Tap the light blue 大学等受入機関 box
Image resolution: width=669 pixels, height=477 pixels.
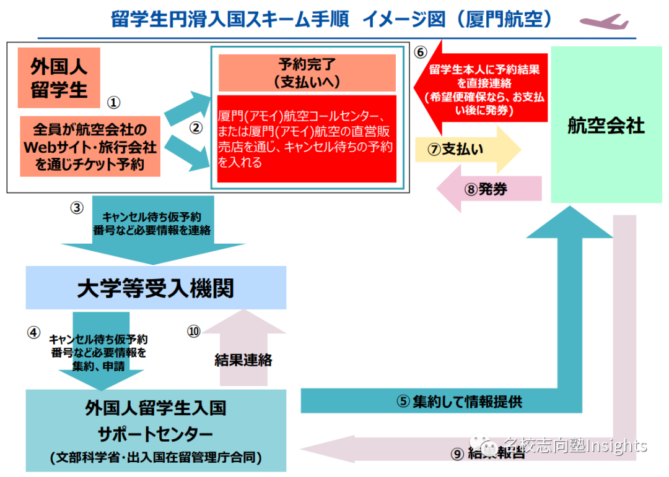pyautogui.click(x=155, y=288)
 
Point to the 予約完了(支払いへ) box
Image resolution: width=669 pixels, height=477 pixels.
pyautogui.click(x=307, y=73)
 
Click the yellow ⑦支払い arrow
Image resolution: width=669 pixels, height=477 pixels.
pyautogui.click(x=468, y=150)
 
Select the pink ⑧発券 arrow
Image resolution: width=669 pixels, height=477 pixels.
pyautogui.click(x=490, y=189)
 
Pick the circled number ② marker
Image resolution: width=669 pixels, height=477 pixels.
pyautogui.click(x=196, y=128)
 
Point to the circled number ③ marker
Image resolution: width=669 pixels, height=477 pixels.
pyautogui.click(x=77, y=208)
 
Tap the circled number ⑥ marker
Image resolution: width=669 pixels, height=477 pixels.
pyautogui.click(x=420, y=52)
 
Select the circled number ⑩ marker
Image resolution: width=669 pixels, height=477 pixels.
pyautogui.click(x=194, y=332)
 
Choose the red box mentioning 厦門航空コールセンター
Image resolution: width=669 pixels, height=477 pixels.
pyautogui.click(x=307, y=139)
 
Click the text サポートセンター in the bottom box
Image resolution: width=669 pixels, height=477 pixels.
pyautogui.click(x=155, y=432)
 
